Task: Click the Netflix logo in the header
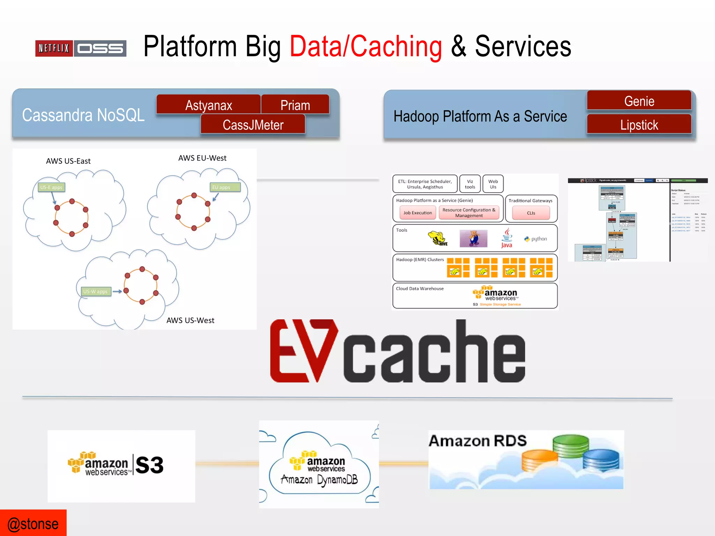coord(54,48)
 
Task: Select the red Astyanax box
coord(208,105)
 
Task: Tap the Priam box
coord(295,105)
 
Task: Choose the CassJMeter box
coord(253,125)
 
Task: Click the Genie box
coord(639,101)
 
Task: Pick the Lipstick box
coord(639,125)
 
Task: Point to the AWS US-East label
coord(68,161)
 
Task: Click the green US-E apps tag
coord(51,187)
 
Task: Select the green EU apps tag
coord(225,187)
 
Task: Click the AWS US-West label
coord(190,320)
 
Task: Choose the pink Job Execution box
coord(418,213)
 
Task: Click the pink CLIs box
coord(531,213)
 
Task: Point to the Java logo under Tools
coord(507,238)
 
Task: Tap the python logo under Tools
coord(536,239)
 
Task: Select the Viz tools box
coord(470,184)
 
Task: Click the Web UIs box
coord(493,184)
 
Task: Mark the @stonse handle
coord(33,524)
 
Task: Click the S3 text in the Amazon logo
coord(149,465)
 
